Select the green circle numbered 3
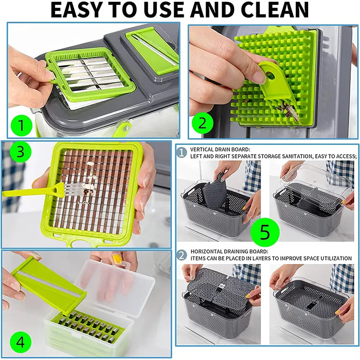point(19,153)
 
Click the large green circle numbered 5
point(265,232)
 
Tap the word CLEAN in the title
point(276,10)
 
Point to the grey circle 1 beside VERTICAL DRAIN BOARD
point(181,152)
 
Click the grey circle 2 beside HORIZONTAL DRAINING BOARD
point(181,254)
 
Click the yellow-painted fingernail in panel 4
point(117,259)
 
